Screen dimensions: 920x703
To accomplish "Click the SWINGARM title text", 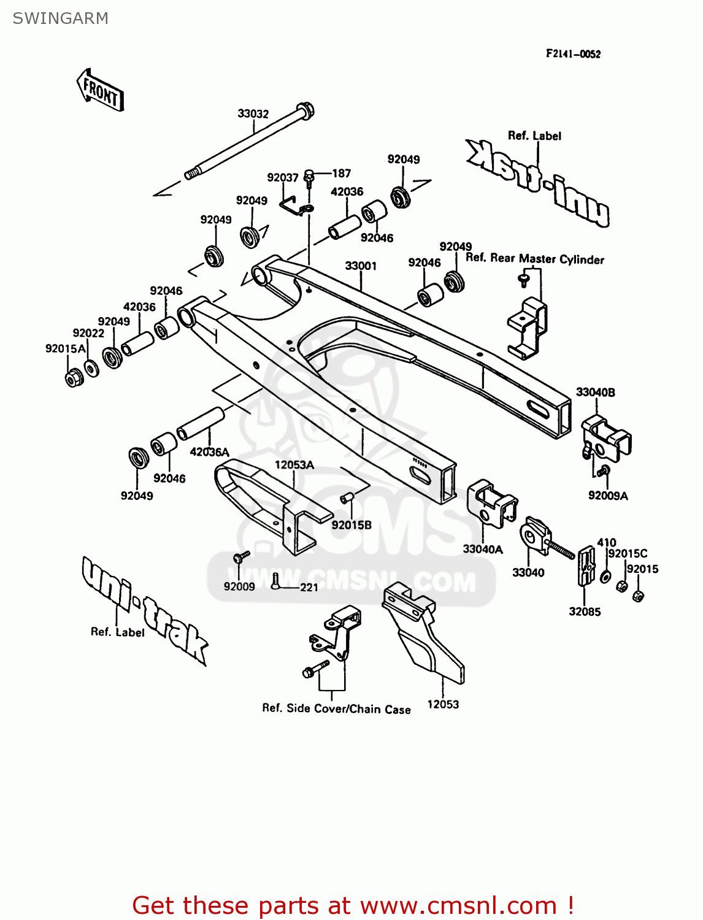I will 60,18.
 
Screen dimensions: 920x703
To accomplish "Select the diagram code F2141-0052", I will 573,54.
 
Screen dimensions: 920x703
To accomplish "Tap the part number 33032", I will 253,113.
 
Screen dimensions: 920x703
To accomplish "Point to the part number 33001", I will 360,266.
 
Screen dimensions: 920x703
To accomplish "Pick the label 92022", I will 88,333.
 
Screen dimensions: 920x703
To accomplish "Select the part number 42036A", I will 209,452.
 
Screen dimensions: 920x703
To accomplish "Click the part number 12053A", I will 294,465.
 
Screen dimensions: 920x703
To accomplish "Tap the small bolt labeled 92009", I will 240,558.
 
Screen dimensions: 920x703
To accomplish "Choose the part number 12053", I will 442,705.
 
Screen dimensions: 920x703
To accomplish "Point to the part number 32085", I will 584,611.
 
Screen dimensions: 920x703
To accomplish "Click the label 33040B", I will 595,392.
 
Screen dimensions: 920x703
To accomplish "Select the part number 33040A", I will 482,549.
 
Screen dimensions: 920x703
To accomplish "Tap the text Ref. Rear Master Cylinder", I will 534,259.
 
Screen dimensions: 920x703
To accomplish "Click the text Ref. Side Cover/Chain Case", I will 336,708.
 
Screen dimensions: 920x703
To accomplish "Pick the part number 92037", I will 282,177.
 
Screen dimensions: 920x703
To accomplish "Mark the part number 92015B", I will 351,525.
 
